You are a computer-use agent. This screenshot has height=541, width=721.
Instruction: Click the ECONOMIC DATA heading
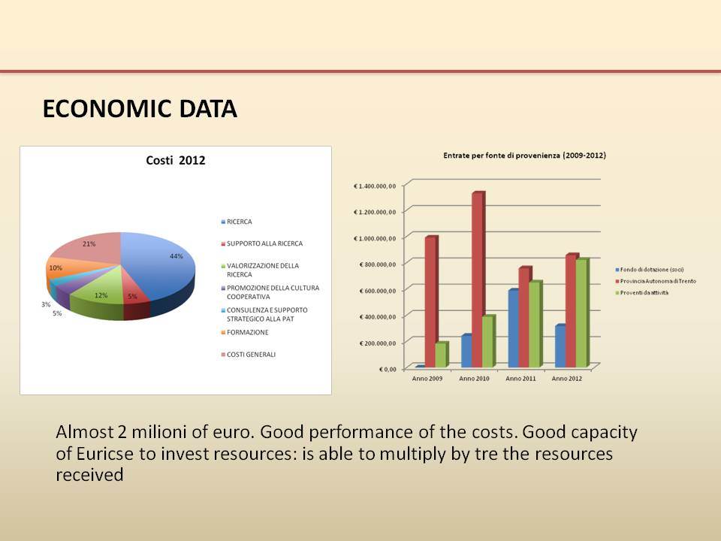click(140, 109)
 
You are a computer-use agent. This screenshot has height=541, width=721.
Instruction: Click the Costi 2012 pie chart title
click(175, 161)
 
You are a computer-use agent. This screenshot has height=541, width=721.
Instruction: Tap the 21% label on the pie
click(89, 243)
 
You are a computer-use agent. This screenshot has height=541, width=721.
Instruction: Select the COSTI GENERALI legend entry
click(249, 354)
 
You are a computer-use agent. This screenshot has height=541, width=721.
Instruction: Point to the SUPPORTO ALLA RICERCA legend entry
click(262, 243)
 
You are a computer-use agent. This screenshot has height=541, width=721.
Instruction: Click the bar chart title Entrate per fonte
click(524, 156)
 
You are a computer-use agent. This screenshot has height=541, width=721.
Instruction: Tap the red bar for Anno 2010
click(478, 280)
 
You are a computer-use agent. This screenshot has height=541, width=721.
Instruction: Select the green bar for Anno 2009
click(442, 355)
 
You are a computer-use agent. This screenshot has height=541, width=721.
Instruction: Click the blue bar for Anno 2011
click(514, 328)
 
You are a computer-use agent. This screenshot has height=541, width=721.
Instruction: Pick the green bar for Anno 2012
click(582, 313)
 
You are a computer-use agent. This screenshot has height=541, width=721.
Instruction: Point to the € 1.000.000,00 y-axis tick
click(374, 238)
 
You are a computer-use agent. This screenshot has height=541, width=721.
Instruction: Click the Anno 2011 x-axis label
click(520, 379)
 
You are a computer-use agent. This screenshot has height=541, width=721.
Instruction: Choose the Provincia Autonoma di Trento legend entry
click(656, 281)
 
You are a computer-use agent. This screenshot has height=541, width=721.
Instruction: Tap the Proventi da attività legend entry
click(642, 292)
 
